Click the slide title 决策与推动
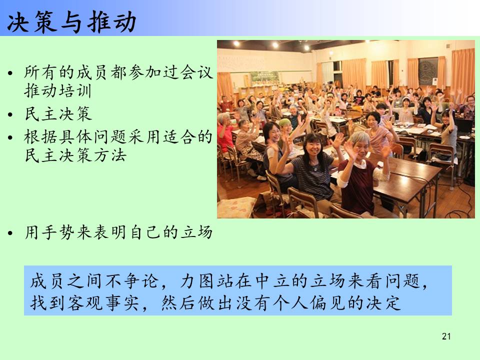point(71,21)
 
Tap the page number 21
point(446,336)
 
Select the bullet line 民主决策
point(58,114)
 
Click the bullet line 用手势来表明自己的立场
point(118,232)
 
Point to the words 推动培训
point(58,91)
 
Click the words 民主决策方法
point(75,155)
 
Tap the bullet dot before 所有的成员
point(10,73)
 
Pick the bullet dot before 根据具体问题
point(10,137)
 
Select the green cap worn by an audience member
point(284,123)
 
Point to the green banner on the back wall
point(265,78)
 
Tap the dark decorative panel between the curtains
point(428,71)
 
